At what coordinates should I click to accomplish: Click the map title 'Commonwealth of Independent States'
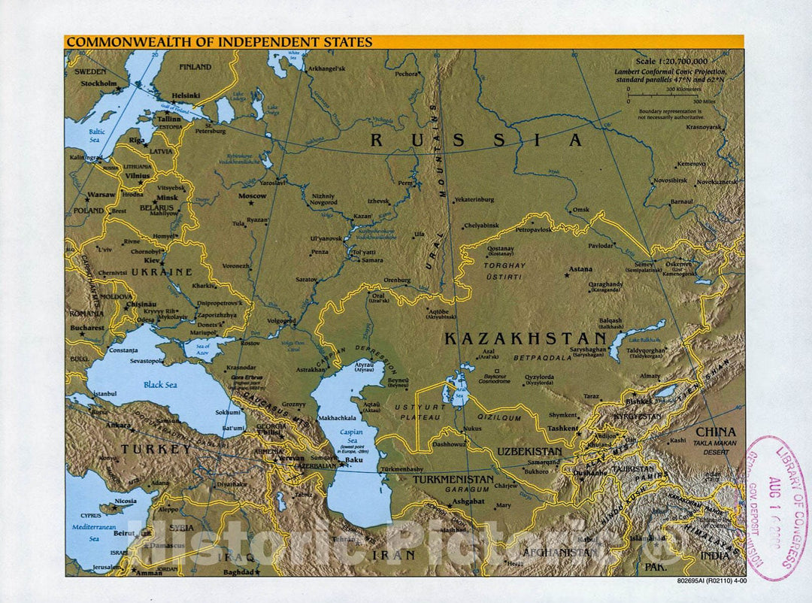[x=219, y=42]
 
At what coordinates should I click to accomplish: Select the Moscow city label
[x=253, y=195]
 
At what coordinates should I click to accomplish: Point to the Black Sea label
[x=161, y=384]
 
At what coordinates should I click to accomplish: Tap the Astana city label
[x=580, y=268]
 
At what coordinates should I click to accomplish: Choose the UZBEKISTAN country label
[x=529, y=451]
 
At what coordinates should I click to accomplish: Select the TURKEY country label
[x=156, y=449]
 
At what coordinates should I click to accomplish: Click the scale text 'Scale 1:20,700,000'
[x=671, y=61]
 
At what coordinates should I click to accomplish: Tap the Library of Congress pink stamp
[x=774, y=508]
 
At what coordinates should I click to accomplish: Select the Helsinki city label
[x=186, y=95]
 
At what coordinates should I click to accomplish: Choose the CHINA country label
[x=716, y=432]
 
